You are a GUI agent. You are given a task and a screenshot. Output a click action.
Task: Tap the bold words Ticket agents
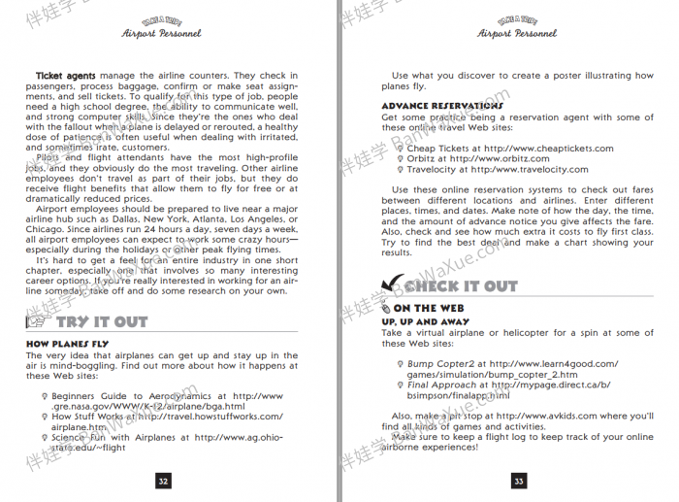click(66, 76)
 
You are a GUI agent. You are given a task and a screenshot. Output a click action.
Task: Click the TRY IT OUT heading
click(102, 321)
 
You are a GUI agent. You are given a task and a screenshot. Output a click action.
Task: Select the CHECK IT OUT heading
click(461, 285)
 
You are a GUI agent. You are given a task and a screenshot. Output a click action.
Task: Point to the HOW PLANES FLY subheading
click(67, 344)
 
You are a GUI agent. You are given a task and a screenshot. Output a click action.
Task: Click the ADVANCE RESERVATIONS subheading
click(429, 106)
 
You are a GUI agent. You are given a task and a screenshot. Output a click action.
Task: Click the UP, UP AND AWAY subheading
click(425, 321)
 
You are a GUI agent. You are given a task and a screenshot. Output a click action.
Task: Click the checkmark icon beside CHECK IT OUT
click(392, 284)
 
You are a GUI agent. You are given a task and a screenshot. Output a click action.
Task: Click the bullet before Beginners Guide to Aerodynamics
click(45, 396)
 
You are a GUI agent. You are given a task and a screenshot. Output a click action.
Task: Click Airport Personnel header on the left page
click(162, 33)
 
